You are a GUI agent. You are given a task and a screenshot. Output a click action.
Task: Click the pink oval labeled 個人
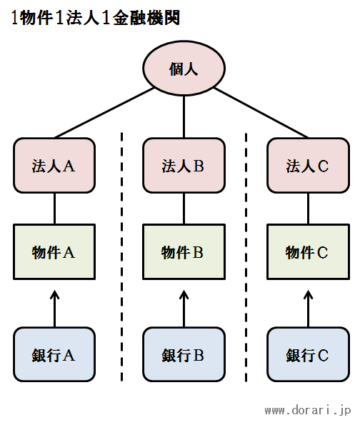[184, 69]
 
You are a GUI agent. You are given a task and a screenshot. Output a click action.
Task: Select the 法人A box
[54, 165]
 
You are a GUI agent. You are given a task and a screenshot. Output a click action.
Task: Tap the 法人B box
[184, 165]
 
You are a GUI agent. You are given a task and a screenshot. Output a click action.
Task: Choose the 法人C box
[308, 165]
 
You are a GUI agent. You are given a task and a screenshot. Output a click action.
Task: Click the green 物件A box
[54, 252]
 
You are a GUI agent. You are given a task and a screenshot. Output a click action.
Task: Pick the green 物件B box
[184, 252]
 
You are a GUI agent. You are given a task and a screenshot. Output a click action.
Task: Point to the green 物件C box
[308, 252]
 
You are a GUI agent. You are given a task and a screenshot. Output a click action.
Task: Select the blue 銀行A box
[54, 354]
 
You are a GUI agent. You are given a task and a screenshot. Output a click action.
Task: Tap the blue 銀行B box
[184, 354]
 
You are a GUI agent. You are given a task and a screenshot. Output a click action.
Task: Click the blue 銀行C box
[308, 354]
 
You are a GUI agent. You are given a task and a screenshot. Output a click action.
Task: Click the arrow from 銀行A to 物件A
[54, 309]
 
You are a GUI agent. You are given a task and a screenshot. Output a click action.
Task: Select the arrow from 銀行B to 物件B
[184, 309]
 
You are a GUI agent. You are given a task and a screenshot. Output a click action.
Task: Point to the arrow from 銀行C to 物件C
[309, 309]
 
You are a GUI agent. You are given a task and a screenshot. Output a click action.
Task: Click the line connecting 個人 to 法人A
[104, 113]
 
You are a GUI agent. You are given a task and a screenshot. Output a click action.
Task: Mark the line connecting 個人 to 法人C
[261, 113]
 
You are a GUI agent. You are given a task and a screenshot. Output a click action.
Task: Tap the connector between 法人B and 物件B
[184, 209]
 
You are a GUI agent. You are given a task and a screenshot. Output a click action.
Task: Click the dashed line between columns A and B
[121, 257]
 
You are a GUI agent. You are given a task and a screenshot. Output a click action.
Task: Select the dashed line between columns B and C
[246, 257]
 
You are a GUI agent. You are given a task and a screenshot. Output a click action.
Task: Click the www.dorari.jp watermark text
[308, 410]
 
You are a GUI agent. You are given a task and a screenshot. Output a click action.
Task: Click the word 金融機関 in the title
[146, 18]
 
